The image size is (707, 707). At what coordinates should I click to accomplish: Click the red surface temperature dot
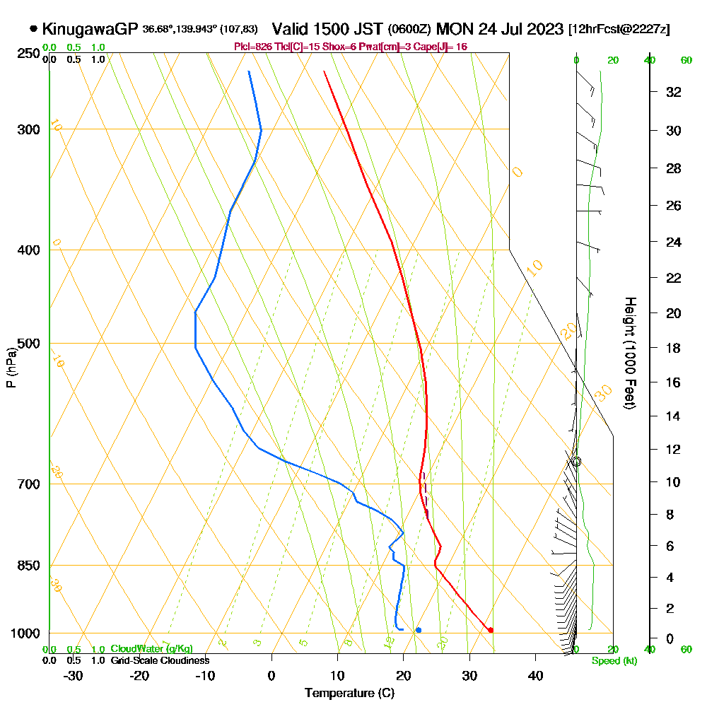pyautogui.click(x=491, y=630)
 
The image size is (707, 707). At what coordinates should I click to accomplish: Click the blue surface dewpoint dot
pyautogui.click(x=419, y=630)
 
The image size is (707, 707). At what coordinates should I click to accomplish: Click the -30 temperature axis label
pyautogui.click(x=74, y=675)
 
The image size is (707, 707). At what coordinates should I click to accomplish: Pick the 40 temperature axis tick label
pyautogui.click(x=535, y=675)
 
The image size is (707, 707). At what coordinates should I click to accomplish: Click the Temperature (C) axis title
pyautogui.click(x=349, y=694)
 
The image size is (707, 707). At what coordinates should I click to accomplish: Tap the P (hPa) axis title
pyautogui.click(x=11, y=367)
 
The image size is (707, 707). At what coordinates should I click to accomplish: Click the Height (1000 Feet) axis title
pyautogui.click(x=629, y=353)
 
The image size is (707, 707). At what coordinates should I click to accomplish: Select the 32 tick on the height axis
pyautogui.click(x=674, y=92)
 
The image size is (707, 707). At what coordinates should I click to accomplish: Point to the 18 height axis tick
pyautogui.click(x=674, y=348)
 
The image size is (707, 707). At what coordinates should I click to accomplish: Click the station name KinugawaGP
pyautogui.click(x=90, y=30)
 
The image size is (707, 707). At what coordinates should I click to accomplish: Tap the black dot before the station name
pyautogui.click(x=34, y=29)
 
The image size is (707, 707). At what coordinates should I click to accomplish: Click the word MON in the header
pyautogui.click(x=454, y=30)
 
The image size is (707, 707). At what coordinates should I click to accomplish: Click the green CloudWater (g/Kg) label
pyautogui.click(x=151, y=649)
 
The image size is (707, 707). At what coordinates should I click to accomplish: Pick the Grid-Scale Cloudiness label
pyautogui.click(x=159, y=660)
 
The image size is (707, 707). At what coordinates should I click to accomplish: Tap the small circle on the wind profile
pyautogui.click(x=576, y=462)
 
